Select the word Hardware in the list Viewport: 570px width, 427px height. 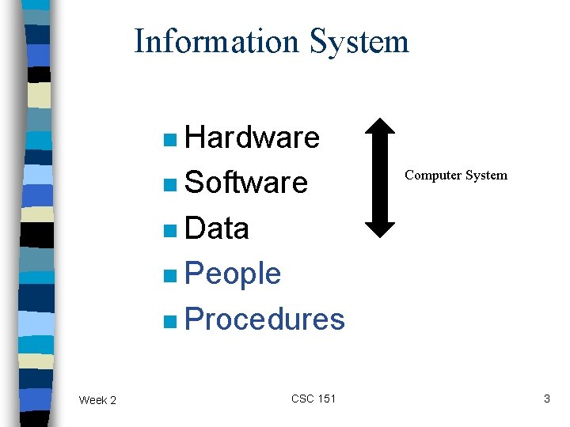pos(252,138)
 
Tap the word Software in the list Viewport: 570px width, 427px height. pos(245,183)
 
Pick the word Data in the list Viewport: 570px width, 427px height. pos(216,229)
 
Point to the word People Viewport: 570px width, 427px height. pos(232,274)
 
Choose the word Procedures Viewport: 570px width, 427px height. pos(264,319)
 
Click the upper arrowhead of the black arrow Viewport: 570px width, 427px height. pos(382,128)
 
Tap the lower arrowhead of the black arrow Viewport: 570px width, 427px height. pos(382,227)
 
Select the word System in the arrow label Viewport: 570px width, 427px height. pos(486,175)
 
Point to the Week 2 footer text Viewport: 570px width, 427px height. pos(97,400)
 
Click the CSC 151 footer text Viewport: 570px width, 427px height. pos(313,399)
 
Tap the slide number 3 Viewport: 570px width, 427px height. pos(546,399)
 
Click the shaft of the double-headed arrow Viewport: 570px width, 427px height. pos(382,178)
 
